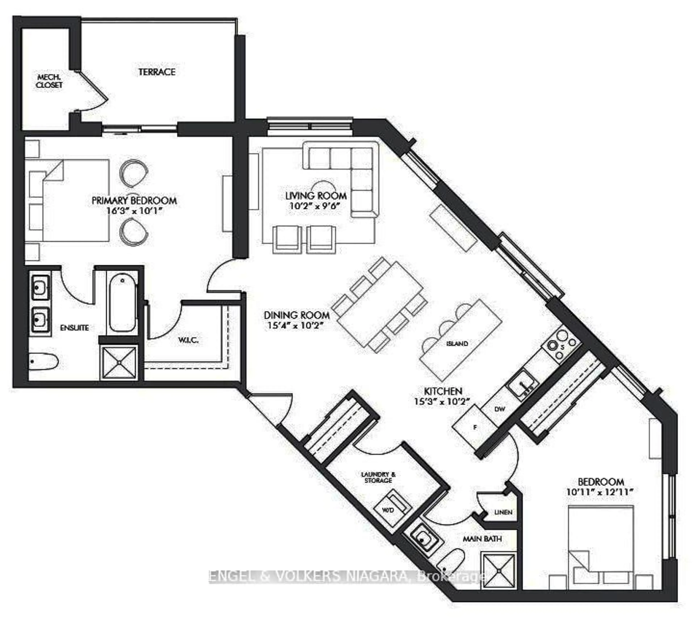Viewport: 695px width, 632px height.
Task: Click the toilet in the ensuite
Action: (43, 362)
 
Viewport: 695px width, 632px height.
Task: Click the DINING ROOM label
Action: (296, 315)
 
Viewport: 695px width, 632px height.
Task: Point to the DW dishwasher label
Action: (500, 409)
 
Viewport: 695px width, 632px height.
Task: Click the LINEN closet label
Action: (503, 512)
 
